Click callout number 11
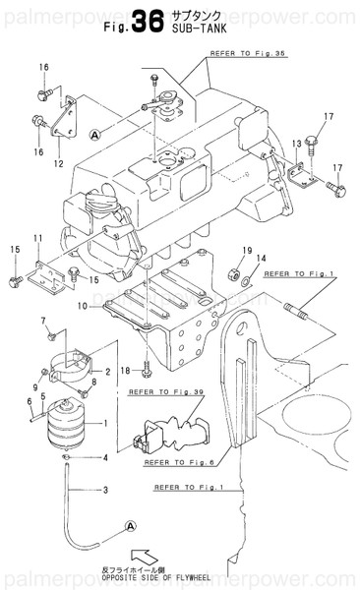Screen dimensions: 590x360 pos(37,239)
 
